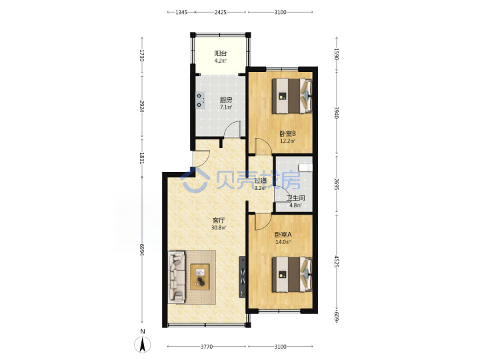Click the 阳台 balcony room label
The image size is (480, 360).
coord(221,53)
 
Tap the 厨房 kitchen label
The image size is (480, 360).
coord(226,100)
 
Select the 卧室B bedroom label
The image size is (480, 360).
coord(287,134)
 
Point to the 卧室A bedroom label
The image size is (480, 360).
coord(283,235)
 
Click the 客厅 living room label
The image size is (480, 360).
coord(219,221)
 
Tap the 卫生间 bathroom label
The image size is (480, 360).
coord(295,198)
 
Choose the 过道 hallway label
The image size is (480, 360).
coord(261,181)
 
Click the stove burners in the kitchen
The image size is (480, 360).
coord(200,101)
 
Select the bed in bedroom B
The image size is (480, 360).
coord(293,96)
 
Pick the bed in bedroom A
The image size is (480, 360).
coord(293,274)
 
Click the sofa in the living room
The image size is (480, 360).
coord(177,277)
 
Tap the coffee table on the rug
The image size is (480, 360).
coord(200,277)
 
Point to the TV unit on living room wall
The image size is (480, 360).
coord(243,277)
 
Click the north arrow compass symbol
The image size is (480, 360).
coord(143,345)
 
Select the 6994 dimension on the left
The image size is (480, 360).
coord(142,250)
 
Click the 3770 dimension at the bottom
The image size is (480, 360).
coord(207,347)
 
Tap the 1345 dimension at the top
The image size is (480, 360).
coord(181,12)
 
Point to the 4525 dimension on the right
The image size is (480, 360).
coord(337,262)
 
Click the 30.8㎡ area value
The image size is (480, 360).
coord(219,228)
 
